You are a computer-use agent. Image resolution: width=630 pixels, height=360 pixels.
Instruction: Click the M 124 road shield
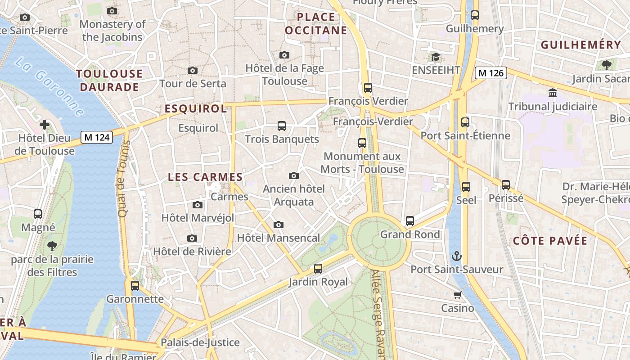pos(97,137)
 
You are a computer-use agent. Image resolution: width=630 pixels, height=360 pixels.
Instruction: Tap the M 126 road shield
pos(491,72)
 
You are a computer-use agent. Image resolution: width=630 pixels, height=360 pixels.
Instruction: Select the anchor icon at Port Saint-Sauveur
pos(457,256)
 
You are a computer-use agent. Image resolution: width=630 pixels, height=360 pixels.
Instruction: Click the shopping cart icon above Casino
pos(457,295)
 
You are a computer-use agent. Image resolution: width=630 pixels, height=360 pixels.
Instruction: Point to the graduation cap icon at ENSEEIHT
pos(436,57)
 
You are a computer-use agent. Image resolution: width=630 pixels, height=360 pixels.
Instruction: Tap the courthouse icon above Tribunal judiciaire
pos(553,93)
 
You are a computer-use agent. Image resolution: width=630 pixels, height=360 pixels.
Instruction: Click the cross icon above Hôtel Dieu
pos(45,124)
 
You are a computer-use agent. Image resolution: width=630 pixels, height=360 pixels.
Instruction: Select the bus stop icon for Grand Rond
pos(409,221)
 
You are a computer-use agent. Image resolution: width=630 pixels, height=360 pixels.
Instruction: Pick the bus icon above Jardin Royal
pos(318,269)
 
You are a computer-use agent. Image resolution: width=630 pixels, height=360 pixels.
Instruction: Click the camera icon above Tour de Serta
pos(193,70)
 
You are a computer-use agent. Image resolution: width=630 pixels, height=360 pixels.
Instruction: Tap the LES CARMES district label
pos(205,177)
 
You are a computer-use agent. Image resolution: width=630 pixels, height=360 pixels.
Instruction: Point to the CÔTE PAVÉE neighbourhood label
pos(550,241)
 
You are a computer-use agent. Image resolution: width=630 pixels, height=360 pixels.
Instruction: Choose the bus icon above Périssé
pos(506,184)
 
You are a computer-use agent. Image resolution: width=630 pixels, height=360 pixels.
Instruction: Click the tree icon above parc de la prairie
pos(52,246)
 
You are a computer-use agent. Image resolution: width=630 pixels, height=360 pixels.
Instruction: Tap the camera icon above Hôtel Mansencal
pos(279,225)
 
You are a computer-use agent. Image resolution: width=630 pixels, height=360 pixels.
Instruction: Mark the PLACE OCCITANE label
pos(316,24)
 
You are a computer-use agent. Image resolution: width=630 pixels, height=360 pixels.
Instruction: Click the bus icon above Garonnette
pos(135,285)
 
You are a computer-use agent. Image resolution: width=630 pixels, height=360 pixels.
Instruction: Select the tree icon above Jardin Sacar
pos(606,65)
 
